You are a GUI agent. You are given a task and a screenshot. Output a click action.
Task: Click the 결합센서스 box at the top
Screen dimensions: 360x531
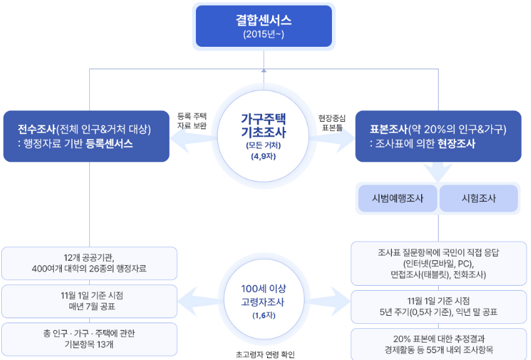pyautogui.click(x=263, y=25)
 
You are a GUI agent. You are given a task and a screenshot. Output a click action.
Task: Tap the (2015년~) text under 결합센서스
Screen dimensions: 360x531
pyautogui.click(x=263, y=34)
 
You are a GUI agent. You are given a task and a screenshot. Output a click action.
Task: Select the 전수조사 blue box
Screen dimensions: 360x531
pyautogui.click(x=86, y=136)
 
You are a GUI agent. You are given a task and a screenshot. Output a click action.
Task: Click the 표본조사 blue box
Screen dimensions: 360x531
pyautogui.click(x=438, y=136)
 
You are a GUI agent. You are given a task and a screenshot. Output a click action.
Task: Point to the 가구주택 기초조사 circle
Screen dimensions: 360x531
pyautogui.click(x=263, y=134)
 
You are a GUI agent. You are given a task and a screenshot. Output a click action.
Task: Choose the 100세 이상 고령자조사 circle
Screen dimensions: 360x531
pyautogui.click(x=263, y=296)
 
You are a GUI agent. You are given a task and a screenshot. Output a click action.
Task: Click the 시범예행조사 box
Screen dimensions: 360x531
pyautogui.click(x=397, y=198)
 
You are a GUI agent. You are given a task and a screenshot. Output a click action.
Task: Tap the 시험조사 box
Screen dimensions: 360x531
pyautogui.click(x=479, y=198)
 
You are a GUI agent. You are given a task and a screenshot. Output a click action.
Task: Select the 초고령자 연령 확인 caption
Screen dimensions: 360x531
pyautogui.click(x=265, y=354)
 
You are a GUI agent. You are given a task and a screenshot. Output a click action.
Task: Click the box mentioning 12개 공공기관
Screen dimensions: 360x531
pyautogui.click(x=89, y=263)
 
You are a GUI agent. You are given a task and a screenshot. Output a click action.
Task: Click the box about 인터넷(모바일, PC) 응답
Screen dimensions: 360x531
pyautogui.click(x=438, y=263)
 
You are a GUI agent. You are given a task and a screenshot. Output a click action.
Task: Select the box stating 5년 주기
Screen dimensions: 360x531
pyautogui.click(x=438, y=306)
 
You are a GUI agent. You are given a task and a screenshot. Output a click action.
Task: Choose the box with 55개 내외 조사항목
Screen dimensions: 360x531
pyautogui.click(x=438, y=344)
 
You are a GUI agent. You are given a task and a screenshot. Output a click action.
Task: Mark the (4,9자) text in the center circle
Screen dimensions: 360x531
pyautogui.click(x=263, y=156)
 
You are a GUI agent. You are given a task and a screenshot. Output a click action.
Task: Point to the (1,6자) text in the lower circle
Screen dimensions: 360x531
pyautogui.click(x=263, y=315)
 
